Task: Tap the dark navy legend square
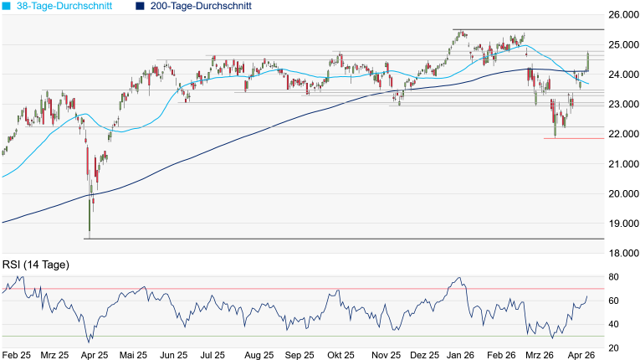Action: tap(139, 6)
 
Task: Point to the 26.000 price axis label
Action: tap(622, 15)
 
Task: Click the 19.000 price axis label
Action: tap(622, 224)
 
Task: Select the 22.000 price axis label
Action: tap(622, 134)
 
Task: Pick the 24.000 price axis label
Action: tap(622, 75)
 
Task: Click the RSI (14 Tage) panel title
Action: tap(35, 265)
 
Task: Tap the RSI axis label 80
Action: tap(613, 276)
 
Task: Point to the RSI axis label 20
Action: tap(613, 347)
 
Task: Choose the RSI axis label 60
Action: tap(613, 301)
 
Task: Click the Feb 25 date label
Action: tap(18, 355)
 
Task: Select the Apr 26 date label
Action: tap(582, 355)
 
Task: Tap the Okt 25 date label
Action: tap(339, 355)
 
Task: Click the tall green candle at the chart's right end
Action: tap(588, 61)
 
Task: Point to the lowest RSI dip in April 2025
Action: tap(90, 342)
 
